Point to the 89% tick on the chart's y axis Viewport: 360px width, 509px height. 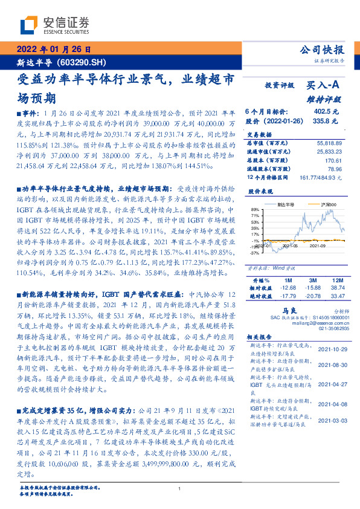click(255, 209)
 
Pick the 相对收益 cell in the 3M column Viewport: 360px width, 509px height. click(312, 288)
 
